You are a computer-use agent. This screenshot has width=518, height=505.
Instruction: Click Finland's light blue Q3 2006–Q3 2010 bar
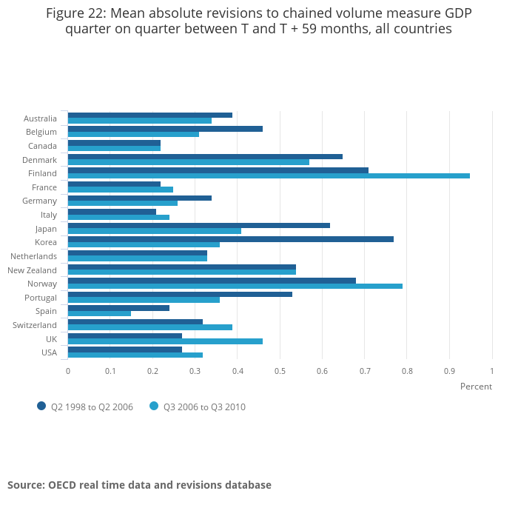(x=269, y=176)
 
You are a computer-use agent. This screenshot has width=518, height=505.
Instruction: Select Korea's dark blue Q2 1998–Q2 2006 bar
(x=230, y=238)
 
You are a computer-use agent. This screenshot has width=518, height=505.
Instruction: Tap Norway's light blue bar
(x=235, y=286)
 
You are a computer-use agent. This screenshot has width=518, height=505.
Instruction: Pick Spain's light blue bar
(x=99, y=313)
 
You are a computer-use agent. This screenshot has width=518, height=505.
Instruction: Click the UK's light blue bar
(x=165, y=341)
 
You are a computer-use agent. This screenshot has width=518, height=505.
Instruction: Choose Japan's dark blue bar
(x=198, y=225)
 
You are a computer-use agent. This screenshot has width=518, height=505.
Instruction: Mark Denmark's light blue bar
(x=188, y=162)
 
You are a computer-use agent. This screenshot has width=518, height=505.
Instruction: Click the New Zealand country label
(x=32, y=270)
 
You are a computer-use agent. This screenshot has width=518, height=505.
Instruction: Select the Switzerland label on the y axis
(x=35, y=325)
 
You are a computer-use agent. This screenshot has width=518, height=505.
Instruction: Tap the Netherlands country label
(x=33, y=256)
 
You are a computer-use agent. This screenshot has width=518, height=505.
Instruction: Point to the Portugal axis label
(x=40, y=298)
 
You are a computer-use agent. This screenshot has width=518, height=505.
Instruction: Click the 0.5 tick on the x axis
(x=280, y=370)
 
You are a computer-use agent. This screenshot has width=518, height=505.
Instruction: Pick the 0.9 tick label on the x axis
(x=449, y=370)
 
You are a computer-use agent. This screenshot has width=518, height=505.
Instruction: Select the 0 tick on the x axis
(x=68, y=370)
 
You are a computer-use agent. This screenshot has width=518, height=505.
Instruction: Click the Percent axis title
(x=476, y=387)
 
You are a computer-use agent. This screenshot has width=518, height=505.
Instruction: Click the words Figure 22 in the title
(x=75, y=13)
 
